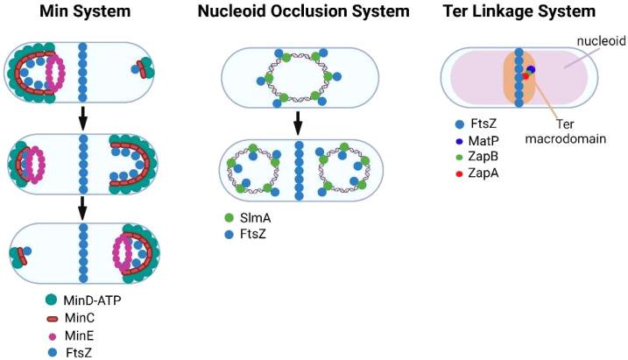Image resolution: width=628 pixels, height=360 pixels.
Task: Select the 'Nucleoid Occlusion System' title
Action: pyautogui.click(x=303, y=12)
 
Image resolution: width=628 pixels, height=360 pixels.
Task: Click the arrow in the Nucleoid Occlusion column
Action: pyautogui.click(x=299, y=122)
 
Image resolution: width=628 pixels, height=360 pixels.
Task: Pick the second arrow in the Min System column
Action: pyautogui.click(x=82, y=207)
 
